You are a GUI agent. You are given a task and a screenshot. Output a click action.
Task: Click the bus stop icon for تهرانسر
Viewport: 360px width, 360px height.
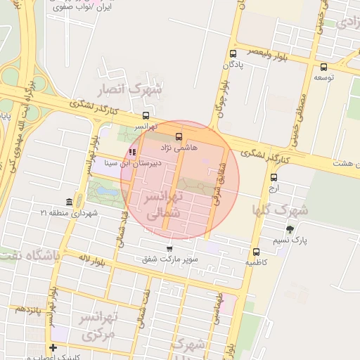(146, 116)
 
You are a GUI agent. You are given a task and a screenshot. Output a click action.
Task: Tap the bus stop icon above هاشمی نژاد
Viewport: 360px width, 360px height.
(178, 136)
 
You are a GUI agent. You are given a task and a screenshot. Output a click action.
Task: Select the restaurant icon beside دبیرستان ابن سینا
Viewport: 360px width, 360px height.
(132, 152)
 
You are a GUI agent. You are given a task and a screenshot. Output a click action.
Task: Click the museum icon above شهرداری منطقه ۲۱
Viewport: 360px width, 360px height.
(68, 202)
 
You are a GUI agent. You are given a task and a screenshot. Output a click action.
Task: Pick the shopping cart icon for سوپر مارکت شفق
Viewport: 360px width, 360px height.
(169, 249)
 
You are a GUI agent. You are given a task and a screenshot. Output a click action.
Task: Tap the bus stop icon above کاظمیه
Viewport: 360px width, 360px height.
(255, 252)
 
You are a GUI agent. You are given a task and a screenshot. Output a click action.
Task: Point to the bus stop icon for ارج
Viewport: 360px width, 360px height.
(274, 178)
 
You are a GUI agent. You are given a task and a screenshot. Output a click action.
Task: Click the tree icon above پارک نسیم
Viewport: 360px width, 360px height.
(290, 229)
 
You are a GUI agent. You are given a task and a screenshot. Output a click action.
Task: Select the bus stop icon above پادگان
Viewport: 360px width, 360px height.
(233, 53)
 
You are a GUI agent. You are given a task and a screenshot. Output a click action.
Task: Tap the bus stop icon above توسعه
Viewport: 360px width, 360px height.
(323, 65)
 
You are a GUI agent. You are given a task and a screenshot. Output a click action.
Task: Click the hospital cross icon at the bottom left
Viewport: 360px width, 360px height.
(53, 347)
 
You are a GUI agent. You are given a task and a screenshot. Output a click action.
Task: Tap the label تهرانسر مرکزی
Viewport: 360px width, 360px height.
(108, 326)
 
